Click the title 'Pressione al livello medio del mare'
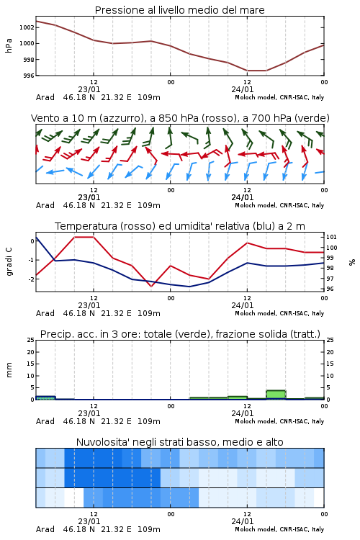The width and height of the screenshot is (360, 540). [179, 10]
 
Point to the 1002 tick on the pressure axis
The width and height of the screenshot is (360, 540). [27, 27]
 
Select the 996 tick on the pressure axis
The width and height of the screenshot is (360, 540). [29, 76]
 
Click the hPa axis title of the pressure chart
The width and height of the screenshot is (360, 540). [9, 45]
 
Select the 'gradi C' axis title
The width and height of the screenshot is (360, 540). [9, 261]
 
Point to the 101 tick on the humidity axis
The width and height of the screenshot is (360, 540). [331, 237]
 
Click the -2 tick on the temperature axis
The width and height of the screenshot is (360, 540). [32, 279]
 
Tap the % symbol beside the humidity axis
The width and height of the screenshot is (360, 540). [352, 262]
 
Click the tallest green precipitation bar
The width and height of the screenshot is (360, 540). [276, 395]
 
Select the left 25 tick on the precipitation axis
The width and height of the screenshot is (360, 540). [31, 340]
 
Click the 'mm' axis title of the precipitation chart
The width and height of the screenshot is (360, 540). [9, 370]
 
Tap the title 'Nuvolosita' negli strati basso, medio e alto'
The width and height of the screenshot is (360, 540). [179, 442]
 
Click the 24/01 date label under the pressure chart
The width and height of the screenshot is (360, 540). [243, 89]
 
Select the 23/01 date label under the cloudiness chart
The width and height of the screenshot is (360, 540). [89, 521]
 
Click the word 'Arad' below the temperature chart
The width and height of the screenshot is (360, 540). [45, 313]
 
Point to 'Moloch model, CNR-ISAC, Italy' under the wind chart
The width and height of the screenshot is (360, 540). [279, 205]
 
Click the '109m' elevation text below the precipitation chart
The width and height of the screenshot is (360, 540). [149, 421]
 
